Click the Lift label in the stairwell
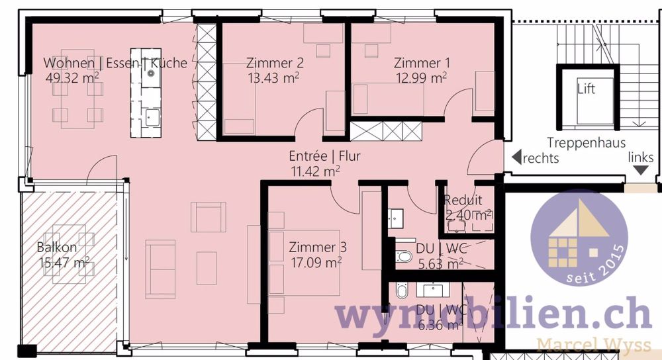[x=586, y=89]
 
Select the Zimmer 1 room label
[x=422, y=64]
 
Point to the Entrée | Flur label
[x=324, y=157]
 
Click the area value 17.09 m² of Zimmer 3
[x=315, y=262]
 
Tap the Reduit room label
[x=463, y=201]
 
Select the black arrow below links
[x=641, y=170]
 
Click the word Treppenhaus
[x=587, y=143]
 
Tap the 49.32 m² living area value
[x=72, y=78]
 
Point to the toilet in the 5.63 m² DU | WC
[x=403, y=257]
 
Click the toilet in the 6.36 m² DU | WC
[x=401, y=291]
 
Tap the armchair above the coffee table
[x=208, y=217]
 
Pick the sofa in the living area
[x=160, y=269]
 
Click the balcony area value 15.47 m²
[x=64, y=263]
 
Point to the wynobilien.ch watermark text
[x=493, y=314]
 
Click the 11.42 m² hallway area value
[x=315, y=171]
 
